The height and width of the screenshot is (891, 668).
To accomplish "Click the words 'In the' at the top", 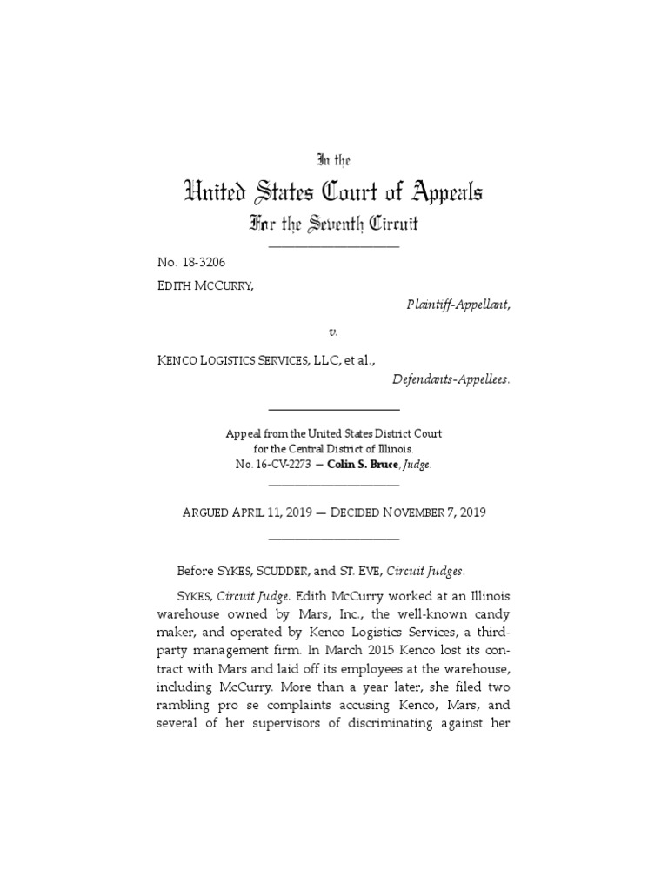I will [x=333, y=160].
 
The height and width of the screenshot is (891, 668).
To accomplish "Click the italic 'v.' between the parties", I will [x=333, y=332].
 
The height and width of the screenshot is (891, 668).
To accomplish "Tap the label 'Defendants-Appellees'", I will [x=451, y=379].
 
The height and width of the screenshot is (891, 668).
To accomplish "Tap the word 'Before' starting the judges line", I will [x=196, y=571].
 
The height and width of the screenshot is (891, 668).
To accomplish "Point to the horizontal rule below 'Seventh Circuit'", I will [x=334, y=247].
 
